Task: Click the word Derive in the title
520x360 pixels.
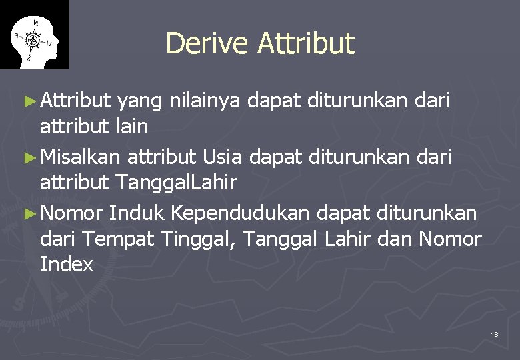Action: click(x=207, y=43)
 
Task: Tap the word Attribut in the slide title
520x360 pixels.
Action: click(x=306, y=43)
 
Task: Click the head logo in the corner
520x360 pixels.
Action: click(x=34, y=35)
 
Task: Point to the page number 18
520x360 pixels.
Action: click(x=494, y=333)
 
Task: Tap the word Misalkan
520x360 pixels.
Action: click(x=81, y=157)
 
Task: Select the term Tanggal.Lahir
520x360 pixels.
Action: click(x=176, y=182)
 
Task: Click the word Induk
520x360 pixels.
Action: click(x=137, y=213)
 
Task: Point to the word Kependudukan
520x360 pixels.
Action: click(x=241, y=213)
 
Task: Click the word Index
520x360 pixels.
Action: click(x=67, y=264)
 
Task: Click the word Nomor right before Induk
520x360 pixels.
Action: click(x=72, y=213)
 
